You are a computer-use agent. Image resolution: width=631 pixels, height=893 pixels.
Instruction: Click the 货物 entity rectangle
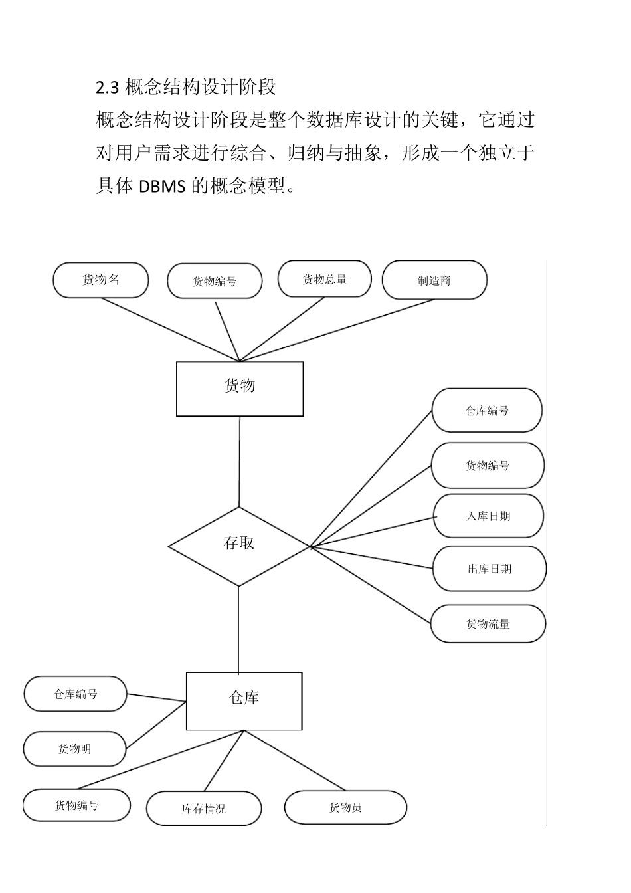pos(240,389)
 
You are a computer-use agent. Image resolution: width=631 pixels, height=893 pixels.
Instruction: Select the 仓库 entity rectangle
pos(244,701)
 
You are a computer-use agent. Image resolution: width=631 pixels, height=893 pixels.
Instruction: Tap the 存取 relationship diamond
pos(239,546)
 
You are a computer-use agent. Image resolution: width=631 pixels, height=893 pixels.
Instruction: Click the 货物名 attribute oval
pos(101,280)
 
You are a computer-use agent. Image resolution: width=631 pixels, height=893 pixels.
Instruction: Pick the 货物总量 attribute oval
pos(325,279)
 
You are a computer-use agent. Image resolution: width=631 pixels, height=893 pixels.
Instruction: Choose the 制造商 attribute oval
pos(434,280)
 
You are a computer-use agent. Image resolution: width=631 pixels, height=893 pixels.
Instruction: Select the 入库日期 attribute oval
pos(488,516)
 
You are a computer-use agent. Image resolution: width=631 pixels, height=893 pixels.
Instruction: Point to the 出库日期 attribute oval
pos(489,569)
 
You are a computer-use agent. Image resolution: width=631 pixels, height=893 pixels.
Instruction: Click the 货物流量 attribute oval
pos(488,623)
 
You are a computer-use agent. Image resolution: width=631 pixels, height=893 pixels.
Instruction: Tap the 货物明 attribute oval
pos(75,749)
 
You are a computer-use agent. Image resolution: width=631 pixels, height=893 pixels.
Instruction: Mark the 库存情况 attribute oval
pos(203,808)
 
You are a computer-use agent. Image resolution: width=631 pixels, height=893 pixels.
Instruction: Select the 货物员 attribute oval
pos(345,807)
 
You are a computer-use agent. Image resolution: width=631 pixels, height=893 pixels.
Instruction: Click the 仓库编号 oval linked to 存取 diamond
pos(487,411)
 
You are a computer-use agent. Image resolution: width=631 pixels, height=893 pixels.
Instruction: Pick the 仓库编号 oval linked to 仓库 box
pos(75,694)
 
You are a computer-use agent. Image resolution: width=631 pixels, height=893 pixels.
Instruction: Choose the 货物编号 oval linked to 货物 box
pos(215,281)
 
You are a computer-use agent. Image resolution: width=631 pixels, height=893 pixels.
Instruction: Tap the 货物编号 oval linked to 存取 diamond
pos(488,466)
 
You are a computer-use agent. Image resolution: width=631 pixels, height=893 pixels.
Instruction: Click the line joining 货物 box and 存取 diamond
pos(239,461)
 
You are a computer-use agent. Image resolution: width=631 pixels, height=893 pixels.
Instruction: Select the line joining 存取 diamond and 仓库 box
pos(238,629)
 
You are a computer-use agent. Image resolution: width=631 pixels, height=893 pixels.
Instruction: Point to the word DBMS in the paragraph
pos(162,186)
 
